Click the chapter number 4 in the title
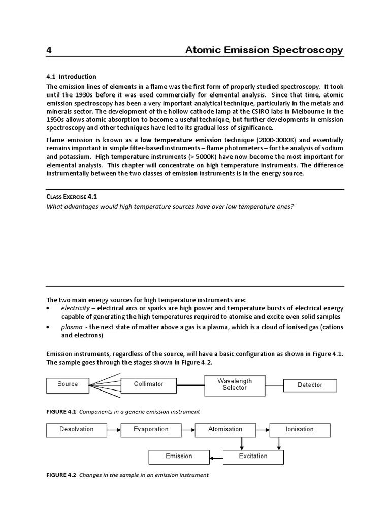49,50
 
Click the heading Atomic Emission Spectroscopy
264,50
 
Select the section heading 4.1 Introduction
71,77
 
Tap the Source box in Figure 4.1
68,384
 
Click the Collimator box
148,384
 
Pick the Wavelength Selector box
234,384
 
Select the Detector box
309,385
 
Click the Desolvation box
76,429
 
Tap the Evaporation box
151,429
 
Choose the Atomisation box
225,429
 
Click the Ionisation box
299,429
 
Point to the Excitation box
253,456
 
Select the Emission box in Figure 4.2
179,456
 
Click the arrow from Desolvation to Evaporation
114,430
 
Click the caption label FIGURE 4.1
61,411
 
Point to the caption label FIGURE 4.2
61,475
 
